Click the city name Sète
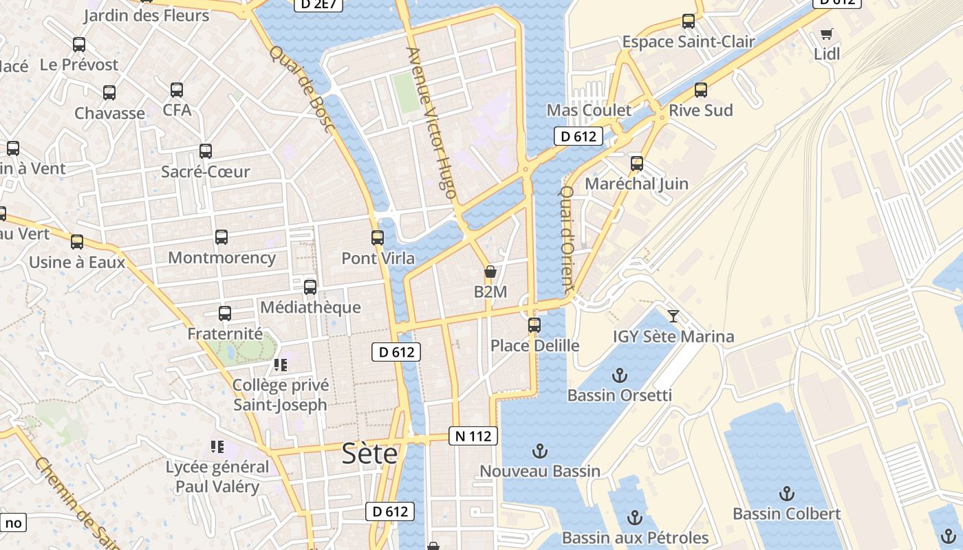370,454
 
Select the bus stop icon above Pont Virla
378,238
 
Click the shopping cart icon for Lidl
827,34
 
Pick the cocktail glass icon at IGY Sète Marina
673,316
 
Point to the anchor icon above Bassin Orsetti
620,375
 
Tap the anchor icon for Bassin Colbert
786,494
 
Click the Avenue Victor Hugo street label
432,123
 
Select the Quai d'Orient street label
566,240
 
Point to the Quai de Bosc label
301,89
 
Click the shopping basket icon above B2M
490,272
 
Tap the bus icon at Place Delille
534,324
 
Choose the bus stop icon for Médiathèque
310,287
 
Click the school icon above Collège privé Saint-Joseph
280,364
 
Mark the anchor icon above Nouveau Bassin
540,452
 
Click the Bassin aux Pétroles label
635,538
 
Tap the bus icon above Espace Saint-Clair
689,21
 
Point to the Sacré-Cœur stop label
205,172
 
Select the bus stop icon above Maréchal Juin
637,164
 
